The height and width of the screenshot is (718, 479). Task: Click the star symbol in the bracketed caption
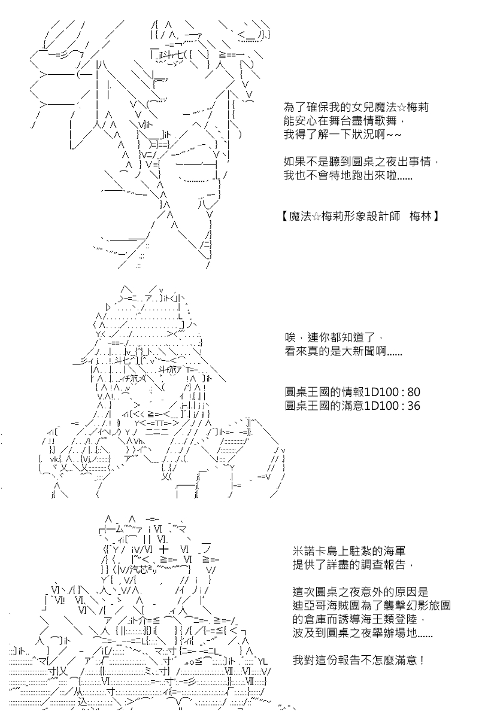[x=316, y=217]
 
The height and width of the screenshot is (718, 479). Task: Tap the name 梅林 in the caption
[x=420, y=217]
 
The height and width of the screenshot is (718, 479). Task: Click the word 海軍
[x=395, y=551]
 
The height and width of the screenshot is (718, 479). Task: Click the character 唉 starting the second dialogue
[x=290, y=337]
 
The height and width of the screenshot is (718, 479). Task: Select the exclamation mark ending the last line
[x=421, y=661]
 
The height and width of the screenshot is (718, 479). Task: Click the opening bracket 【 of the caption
[x=284, y=217]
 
